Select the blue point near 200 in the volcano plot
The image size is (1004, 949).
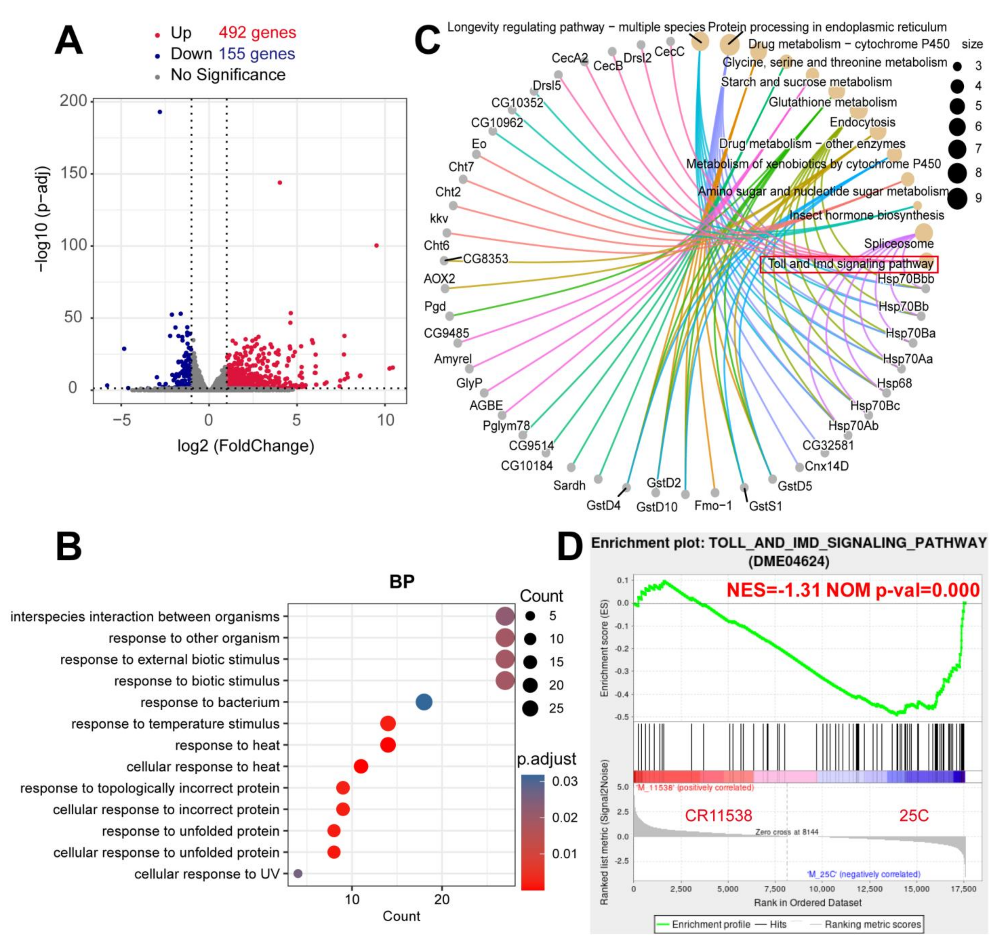coord(160,112)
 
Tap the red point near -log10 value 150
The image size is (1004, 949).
coord(280,183)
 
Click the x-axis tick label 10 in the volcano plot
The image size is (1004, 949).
coord(386,419)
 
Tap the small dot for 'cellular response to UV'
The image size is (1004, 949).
coord(298,874)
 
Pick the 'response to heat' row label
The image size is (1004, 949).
coord(227,745)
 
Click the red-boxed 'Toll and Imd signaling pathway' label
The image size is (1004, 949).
coord(850,264)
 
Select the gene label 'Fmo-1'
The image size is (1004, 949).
coord(713,505)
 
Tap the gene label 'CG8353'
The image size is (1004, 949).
coord(485,259)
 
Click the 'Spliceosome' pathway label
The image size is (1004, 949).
coord(899,244)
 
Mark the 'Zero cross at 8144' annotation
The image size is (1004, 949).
coord(787,832)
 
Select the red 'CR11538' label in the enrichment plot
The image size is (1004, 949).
coord(718,815)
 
